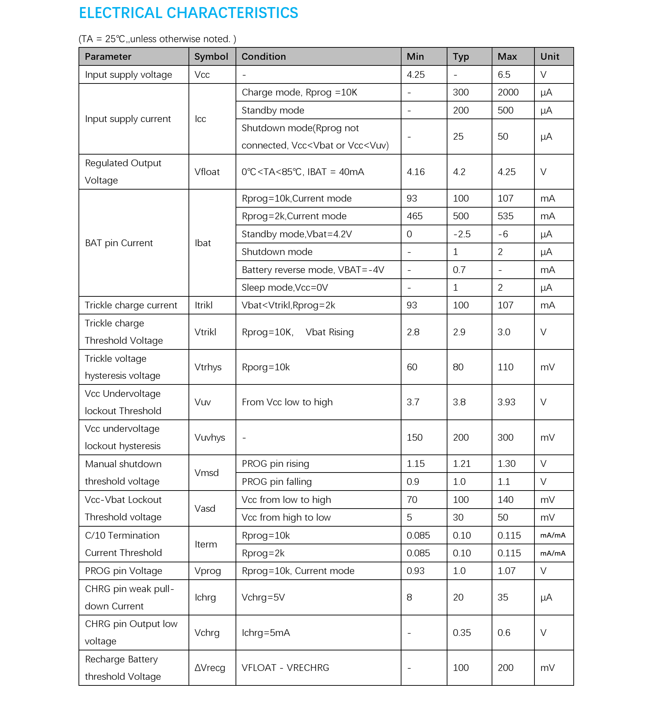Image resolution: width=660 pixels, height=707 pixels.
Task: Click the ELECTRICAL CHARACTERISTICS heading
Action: [x=189, y=13]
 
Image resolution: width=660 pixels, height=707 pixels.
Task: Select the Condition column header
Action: [x=264, y=57]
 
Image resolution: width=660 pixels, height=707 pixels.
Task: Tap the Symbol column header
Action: [x=211, y=57]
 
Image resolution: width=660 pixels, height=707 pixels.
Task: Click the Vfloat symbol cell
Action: [x=207, y=172]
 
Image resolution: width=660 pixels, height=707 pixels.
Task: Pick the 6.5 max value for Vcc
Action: [x=504, y=75]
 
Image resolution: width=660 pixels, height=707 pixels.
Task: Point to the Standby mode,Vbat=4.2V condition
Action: [x=296, y=234]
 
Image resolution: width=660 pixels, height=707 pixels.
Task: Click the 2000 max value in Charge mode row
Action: [x=508, y=92]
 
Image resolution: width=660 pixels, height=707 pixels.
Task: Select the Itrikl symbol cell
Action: [x=203, y=305]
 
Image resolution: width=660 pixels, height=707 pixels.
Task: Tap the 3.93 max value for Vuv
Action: [x=506, y=402]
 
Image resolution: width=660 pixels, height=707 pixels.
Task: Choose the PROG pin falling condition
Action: [x=277, y=481]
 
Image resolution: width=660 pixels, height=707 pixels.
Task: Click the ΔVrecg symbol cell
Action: [x=210, y=667]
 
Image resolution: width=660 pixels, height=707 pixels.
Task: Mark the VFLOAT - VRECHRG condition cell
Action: [x=285, y=667]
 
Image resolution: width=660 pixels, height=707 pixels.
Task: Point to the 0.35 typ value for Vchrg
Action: [x=462, y=633]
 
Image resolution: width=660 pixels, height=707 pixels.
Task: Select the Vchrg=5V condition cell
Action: [x=263, y=597]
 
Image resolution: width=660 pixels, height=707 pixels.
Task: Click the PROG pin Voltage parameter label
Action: [x=123, y=571]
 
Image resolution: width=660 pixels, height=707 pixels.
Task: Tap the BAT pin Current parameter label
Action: [x=119, y=243]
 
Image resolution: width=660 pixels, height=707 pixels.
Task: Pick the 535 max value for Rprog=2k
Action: [x=505, y=216]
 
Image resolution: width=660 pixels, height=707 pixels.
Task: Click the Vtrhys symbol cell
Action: [x=208, y=367]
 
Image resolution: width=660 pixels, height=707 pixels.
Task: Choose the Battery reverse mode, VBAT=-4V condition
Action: [x=313, y=270]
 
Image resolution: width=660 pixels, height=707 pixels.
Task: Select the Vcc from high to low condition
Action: [x=286, y=517]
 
